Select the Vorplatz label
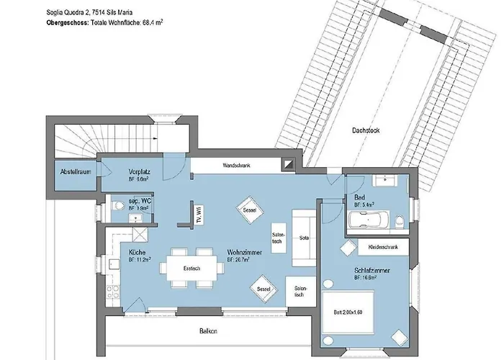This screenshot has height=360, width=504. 139,172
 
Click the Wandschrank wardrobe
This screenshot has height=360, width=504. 237,165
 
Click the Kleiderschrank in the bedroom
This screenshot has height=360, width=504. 383,246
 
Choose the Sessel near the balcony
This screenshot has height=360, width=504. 263,289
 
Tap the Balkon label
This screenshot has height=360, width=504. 209,331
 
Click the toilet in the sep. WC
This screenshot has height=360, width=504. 117,206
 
